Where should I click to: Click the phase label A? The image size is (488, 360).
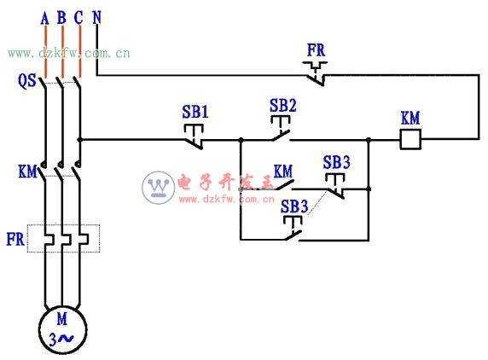[x=45, y=19]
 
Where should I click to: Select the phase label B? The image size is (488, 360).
[x=61, y=18]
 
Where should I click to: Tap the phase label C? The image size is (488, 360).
[x=78, y=18]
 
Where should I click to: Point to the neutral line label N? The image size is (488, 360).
[x=97, y=17]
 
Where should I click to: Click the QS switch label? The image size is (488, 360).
[x=26, y=80]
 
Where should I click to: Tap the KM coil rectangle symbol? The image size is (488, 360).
[x=410, y=139]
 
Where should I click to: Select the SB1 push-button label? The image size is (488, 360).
[x=195, y=112]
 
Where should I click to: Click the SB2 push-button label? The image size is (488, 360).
[x=282, y=105]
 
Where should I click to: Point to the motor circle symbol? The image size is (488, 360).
[x=62, y=329]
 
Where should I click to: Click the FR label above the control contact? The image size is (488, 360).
[x=316, y=50]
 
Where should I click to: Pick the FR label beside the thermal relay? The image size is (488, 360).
[x=15, y=239]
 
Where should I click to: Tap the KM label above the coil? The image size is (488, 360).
[x=410, y=119]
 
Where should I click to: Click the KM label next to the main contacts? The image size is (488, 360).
[x=27, y=171]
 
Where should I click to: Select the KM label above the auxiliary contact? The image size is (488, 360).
[x=283, y=171]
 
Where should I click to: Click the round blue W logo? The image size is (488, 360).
[x=159, y=188]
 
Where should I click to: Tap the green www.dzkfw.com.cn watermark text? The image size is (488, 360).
[x=69, y=54]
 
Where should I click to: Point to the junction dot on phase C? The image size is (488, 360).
[x=79, y=140]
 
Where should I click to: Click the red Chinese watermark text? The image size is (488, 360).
[x=225, y=182]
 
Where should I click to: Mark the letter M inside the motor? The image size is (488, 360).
[x=62, y=319]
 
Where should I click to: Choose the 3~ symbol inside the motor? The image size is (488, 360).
[x=61, y=340]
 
